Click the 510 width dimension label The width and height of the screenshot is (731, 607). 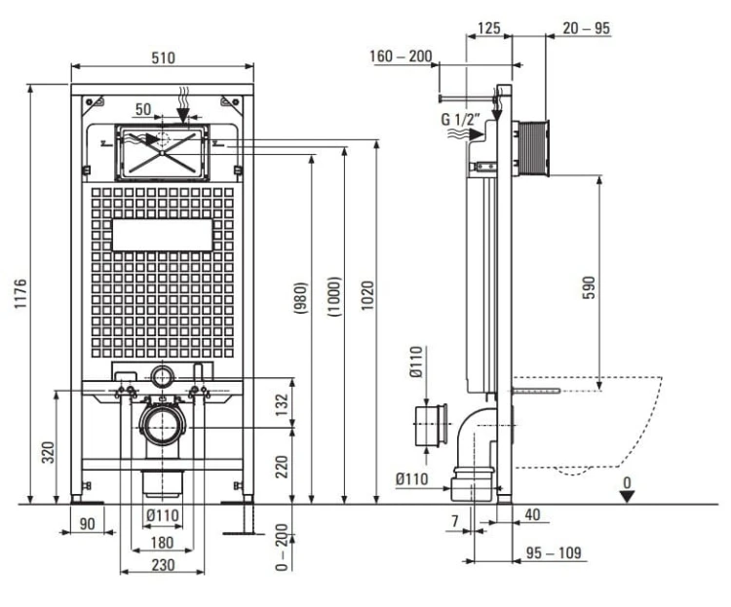click(x=163, y=57)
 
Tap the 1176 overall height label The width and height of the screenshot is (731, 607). click(x=21, y=293)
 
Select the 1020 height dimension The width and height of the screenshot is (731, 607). click(x=367, y=295)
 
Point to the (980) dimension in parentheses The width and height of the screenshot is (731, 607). click(x=301, y=297)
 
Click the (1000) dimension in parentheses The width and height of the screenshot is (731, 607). click(x=334, y=296)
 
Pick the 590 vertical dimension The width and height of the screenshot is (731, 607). click(x=590, y=287)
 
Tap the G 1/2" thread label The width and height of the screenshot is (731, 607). click(x=461, y=119)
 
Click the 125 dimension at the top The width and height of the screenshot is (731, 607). click(x=489, y=28)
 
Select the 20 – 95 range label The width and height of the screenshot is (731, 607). click(x=586, y=28)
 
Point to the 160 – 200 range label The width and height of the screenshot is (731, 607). click(x=401, y=57)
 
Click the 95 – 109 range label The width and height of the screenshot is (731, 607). click(x=554, y=552)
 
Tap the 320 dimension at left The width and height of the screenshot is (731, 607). click(x=49, y=452)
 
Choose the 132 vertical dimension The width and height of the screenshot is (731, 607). click(x=282, y=404)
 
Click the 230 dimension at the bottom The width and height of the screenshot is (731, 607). click(x=163, y=564)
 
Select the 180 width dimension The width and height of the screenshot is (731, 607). click(x=162, y=543)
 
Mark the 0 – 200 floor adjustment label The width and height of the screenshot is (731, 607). click(x=282, y=547)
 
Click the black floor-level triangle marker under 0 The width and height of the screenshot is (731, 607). click(x=627, y=497)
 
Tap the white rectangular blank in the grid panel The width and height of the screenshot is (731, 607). click(x=162, y=235)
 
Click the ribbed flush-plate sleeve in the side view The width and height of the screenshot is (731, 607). click(x=532, y=148)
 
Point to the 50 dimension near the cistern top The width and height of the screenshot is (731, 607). click(x=143, y=109)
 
